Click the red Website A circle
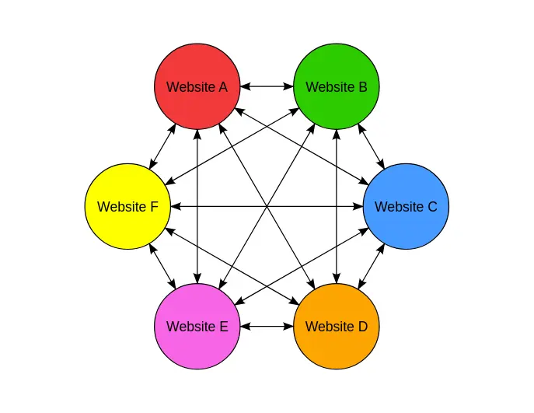[197, 86]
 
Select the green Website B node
[336, 86]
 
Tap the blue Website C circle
[406, 207]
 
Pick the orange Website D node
[336, 327]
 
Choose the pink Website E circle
[197, 327]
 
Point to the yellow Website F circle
[127, 207]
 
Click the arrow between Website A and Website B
[267, 86]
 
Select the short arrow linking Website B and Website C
[371, 147]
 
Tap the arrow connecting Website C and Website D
[371, 267]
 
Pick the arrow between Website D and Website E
[267, 327]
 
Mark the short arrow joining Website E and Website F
[162, 267]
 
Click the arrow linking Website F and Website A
[162, 147]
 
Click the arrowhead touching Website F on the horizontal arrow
[175, 207]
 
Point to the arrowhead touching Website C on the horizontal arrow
[358, 207]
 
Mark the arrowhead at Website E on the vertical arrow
[197, 279]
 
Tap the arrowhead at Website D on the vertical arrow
[336, 279]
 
